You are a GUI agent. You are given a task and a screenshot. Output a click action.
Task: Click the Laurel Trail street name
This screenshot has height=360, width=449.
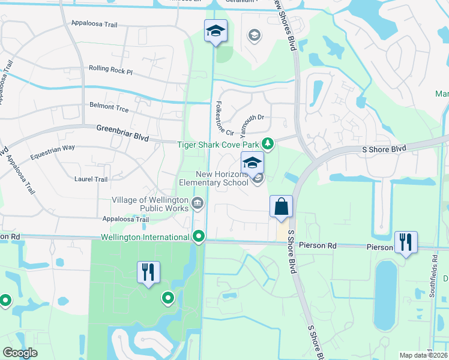90,179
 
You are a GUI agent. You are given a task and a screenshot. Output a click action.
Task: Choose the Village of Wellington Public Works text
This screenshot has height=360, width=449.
150,204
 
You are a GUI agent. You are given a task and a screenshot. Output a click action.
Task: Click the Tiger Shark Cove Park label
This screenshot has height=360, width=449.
218,144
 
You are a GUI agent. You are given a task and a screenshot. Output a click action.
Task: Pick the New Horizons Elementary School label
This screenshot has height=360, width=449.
214,178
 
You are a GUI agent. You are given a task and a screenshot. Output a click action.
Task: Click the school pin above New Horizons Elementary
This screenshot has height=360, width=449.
252,163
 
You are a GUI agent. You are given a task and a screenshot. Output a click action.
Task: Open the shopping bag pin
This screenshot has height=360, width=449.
281,207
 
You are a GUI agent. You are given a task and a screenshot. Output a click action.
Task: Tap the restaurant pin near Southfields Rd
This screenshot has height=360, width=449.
406,242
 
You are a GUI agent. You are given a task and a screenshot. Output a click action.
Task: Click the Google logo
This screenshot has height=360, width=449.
20,353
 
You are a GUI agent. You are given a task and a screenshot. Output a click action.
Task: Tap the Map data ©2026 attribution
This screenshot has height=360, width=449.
423,355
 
